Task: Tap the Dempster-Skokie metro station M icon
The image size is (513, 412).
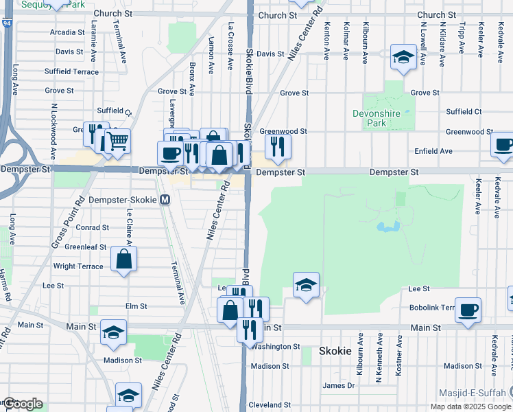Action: coord(165,200)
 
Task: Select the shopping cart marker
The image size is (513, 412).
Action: coord(118,142)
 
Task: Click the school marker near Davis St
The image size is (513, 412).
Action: coord(403,58)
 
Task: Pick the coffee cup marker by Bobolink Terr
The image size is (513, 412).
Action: coord(468,310)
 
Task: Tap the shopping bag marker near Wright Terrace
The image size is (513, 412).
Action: coord(124,260)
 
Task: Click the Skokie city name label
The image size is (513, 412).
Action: coord(335,351)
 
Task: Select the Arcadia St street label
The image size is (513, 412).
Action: coord(67,32)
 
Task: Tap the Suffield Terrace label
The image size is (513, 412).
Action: coord(71,71)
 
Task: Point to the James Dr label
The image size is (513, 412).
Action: coord(339,386)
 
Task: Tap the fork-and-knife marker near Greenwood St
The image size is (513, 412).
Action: coord(278,146)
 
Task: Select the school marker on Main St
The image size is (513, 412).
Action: coord(113,333)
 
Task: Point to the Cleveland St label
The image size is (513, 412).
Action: coord(265,405)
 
